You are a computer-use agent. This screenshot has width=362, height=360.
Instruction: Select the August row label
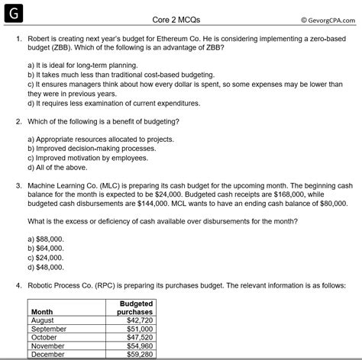[43, 320]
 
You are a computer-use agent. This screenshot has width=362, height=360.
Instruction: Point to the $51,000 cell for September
[138, 329]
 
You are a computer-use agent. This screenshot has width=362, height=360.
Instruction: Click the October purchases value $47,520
[138, 337]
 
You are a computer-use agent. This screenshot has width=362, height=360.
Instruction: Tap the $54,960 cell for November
[138, 346]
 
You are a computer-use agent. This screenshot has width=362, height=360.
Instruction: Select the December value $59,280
[138, 354]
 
